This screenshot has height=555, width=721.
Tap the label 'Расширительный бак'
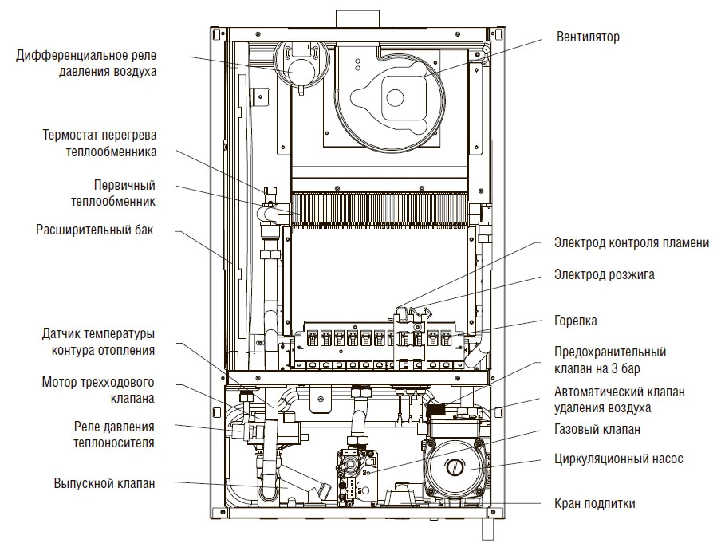(94, 230)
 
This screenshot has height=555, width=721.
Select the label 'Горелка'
(576, 321)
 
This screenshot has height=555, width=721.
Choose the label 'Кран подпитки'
(595, 504)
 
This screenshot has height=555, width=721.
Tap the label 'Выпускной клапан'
(104, 483)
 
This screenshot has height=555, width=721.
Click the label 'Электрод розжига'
(605, 275)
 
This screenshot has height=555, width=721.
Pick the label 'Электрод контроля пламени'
(631, 243)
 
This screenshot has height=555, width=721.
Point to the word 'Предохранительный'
(610, 352)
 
